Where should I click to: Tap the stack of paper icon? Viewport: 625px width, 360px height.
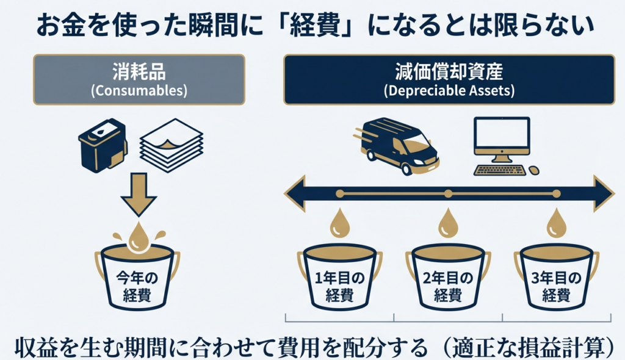coord(172,147)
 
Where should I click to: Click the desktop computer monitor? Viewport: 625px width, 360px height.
coord(502,137)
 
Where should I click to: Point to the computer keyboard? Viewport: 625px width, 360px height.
coord(500,170)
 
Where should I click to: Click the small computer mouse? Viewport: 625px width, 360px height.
coord(534,170)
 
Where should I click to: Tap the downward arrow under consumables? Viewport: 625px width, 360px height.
coord(139,194)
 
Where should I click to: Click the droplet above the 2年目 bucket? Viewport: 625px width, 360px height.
coord(448,224)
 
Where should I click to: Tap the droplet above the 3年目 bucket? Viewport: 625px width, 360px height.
coord(556,224)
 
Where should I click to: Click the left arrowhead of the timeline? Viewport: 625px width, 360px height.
coord(295,194)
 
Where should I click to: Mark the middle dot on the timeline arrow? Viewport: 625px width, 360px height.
coord(448,194)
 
